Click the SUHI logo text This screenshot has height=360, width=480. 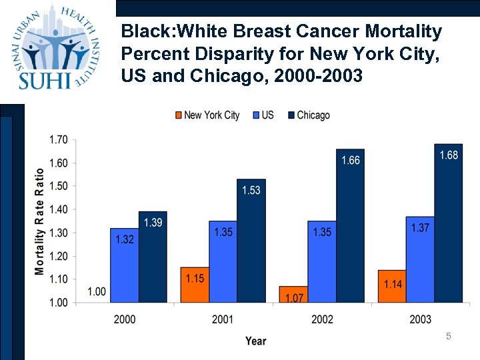45,79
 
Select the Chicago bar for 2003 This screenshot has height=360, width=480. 448,223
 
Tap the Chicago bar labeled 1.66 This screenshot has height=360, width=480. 350,226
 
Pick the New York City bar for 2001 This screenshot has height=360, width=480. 195,285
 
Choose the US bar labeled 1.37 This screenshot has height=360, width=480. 420,259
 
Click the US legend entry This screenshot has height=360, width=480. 263,115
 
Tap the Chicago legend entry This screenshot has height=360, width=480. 308,115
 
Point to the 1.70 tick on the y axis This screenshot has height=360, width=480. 58,140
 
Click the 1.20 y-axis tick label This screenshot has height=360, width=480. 58,256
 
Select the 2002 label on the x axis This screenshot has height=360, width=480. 322,319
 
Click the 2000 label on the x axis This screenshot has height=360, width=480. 125,319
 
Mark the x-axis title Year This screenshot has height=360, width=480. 255,341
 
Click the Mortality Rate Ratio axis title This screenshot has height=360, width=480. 40,221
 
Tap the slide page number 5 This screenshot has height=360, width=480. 449,337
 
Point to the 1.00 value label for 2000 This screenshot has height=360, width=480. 96,292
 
